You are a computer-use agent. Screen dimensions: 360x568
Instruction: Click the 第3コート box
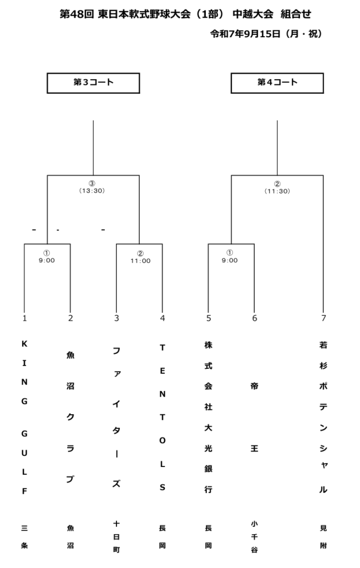coord(93,83)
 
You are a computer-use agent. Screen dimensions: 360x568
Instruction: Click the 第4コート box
coord(277,83)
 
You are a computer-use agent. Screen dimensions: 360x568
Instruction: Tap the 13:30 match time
coord(92,191)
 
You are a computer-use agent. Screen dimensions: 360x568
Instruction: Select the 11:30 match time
coord(277,191)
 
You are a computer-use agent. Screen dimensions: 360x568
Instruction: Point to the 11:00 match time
coord(140,261)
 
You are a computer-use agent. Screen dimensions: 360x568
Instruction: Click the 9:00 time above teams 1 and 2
coord(47,261)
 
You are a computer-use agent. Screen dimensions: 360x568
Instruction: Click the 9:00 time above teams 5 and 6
coord(230,261)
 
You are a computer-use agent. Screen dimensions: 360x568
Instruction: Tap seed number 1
coord(24,318)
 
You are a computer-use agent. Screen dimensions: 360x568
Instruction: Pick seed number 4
coord(163,318)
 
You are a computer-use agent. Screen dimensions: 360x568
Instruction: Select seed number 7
coord(323,318)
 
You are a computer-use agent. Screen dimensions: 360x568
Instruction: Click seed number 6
coord(255,318)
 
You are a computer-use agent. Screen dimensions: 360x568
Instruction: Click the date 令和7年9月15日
coord(246,34)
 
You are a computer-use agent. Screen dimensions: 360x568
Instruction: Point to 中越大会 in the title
coord(253,14)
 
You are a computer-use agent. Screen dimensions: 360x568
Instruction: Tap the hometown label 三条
coord(24,537)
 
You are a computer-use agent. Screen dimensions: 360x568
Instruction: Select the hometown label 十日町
coord(116,537)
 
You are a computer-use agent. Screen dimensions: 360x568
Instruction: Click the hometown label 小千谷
coord(255,537)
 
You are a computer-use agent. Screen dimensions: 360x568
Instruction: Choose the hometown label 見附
coord(323,537)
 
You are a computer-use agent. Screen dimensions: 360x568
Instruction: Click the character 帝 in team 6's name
coord(255,386)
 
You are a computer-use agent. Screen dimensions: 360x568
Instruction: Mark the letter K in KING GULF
coord(24,344)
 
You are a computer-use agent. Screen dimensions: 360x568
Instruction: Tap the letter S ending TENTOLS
coord(163,487)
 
